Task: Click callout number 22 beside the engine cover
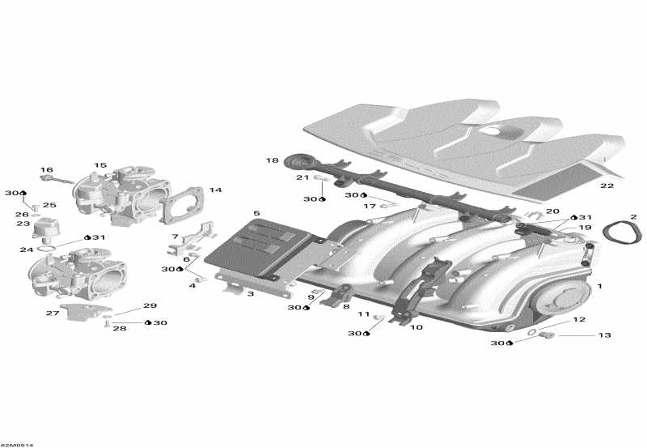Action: (607, 186)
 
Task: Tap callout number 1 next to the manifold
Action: (599, 287)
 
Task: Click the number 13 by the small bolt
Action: (604, 335)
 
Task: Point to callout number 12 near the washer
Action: (579, 319)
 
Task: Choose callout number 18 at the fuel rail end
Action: (273, 160)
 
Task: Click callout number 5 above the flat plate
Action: (256, 213)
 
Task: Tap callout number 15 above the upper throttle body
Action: (100, 165)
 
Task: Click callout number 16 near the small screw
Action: (47, 170)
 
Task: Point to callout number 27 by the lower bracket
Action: (53, 313)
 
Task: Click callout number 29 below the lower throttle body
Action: (150, 305)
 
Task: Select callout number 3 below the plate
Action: (251, 293)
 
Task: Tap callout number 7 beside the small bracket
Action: (174, 237)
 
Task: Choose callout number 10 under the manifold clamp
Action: (417, 328)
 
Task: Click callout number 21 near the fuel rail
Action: (302, 177)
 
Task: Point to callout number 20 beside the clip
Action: (552, 211)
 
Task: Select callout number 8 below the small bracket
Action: (346, 308)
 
